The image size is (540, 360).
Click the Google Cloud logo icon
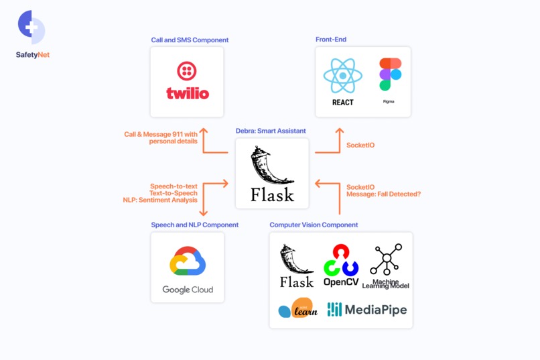coord(188,261)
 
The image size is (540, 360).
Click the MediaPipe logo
coord(366,309)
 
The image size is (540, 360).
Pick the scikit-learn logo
coord(298,308)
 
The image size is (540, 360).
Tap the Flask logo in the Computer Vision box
coord(297,266)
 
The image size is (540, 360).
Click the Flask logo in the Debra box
coord(272,175)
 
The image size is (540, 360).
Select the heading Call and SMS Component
coord(190,40)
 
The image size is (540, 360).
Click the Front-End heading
coord(331,40)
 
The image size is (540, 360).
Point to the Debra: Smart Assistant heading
coord(271,131)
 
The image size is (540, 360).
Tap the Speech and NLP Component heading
coord(194,225)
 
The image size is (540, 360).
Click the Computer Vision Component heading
coord(314,225)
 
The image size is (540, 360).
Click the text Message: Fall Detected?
coord(383,194)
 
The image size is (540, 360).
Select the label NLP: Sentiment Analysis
coord(160,200)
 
